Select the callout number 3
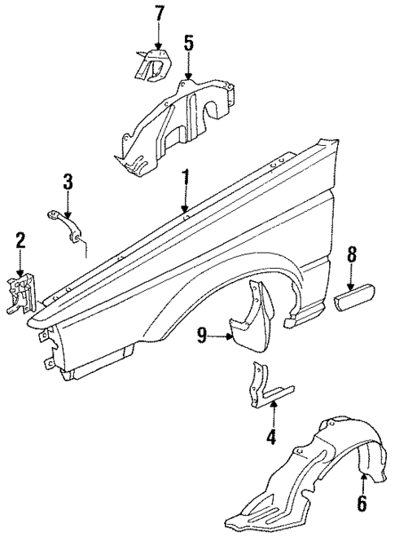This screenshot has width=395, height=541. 68,182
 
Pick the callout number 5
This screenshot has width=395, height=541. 188,42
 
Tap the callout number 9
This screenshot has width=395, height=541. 202,333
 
